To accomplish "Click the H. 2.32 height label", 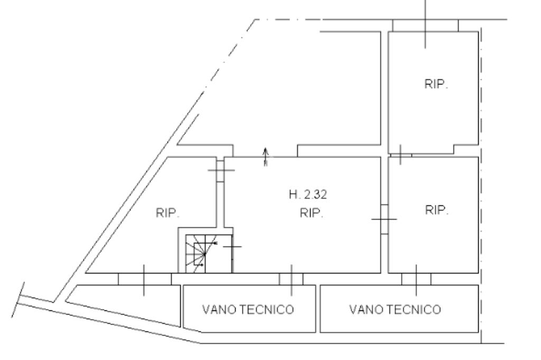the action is pos(307,195).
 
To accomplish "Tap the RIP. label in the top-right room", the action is pos(436,85).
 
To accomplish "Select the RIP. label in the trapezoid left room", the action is pos(168,214).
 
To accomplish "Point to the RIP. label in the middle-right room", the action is pos(436,210).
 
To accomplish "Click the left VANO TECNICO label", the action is pos(248,309).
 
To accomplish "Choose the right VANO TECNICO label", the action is pos(395,309).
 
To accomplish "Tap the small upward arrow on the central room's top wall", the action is pos(266,157).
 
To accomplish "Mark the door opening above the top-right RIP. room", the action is pos(425,25).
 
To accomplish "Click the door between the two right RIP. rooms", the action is pos(400,154).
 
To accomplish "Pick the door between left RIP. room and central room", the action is pos(220,170).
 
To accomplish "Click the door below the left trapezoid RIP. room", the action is pos(144,279).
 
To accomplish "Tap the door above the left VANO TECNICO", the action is pos(291,279).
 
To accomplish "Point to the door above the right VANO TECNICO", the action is pos(416,279).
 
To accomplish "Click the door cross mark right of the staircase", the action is pos(231,247).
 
